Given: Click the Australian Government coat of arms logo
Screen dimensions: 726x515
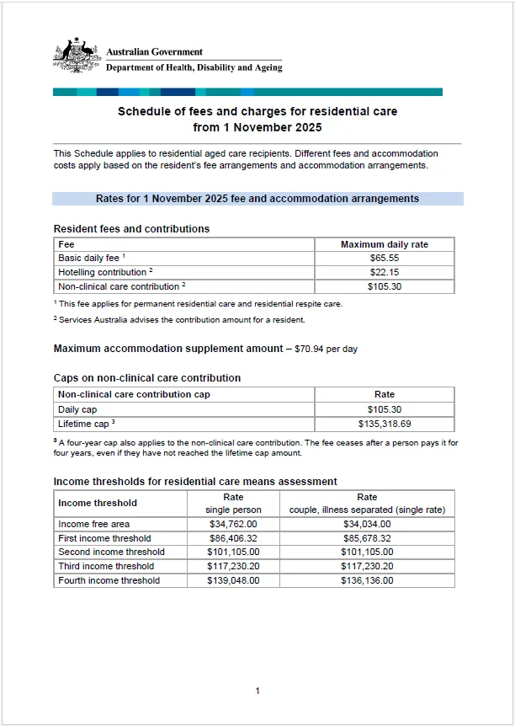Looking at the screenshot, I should click(x=77, y=56).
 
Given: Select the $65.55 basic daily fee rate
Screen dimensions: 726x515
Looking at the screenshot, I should click(x=384, y=259).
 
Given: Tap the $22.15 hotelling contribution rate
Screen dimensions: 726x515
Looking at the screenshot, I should click(x=384, y=272).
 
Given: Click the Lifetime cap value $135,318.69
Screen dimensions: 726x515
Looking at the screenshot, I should click(x=384, y=424).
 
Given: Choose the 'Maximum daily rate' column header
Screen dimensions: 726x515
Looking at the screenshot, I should click(x=384, y=244).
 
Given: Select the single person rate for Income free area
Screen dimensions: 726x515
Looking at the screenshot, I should click(x=233, y=524).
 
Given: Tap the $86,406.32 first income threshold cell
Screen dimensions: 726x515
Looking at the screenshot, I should click(x=233, y=538).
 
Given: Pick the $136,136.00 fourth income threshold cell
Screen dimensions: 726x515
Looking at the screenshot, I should click(x=367, y=580).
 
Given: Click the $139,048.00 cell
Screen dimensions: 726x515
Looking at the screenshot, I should click(x=233, y=580).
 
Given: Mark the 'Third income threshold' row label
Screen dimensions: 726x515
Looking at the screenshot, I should click(x=106, y=566).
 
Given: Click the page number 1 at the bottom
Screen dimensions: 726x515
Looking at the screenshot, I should click(x=257, y=691).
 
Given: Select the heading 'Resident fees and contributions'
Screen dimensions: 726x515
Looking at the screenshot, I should click(x=131, y=229).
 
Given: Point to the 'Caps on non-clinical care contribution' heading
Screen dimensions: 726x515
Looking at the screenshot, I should click(x=147, y=378).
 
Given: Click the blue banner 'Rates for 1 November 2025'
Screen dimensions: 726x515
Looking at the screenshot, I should click(x=257, y=199).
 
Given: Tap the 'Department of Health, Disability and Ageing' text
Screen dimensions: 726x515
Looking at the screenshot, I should click(x=194, y=68).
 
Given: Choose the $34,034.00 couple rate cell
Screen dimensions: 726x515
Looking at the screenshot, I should click(x=367, y=524).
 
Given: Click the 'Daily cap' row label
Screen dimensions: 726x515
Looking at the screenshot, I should click(x=77, y=409).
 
